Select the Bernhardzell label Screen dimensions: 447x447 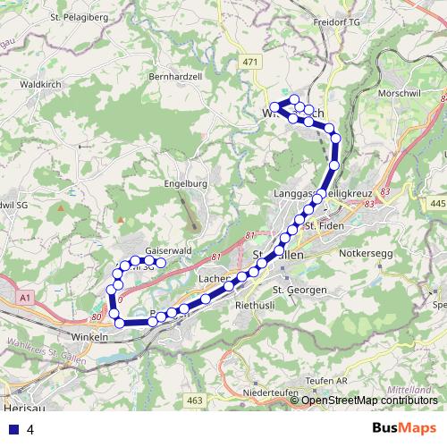(x=176, y=77)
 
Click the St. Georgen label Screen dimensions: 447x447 (x=296, y=290)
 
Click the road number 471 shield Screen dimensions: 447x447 (x=250, y=60)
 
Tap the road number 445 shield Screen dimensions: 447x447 (x=436, y=205)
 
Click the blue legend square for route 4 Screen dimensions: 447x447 (x=13, y=429)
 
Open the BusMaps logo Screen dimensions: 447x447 (x=404, y=427)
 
